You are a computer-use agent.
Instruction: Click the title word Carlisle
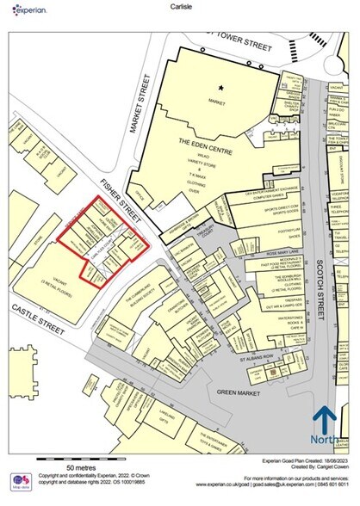point(179,8)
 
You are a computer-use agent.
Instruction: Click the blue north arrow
point(323,422)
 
